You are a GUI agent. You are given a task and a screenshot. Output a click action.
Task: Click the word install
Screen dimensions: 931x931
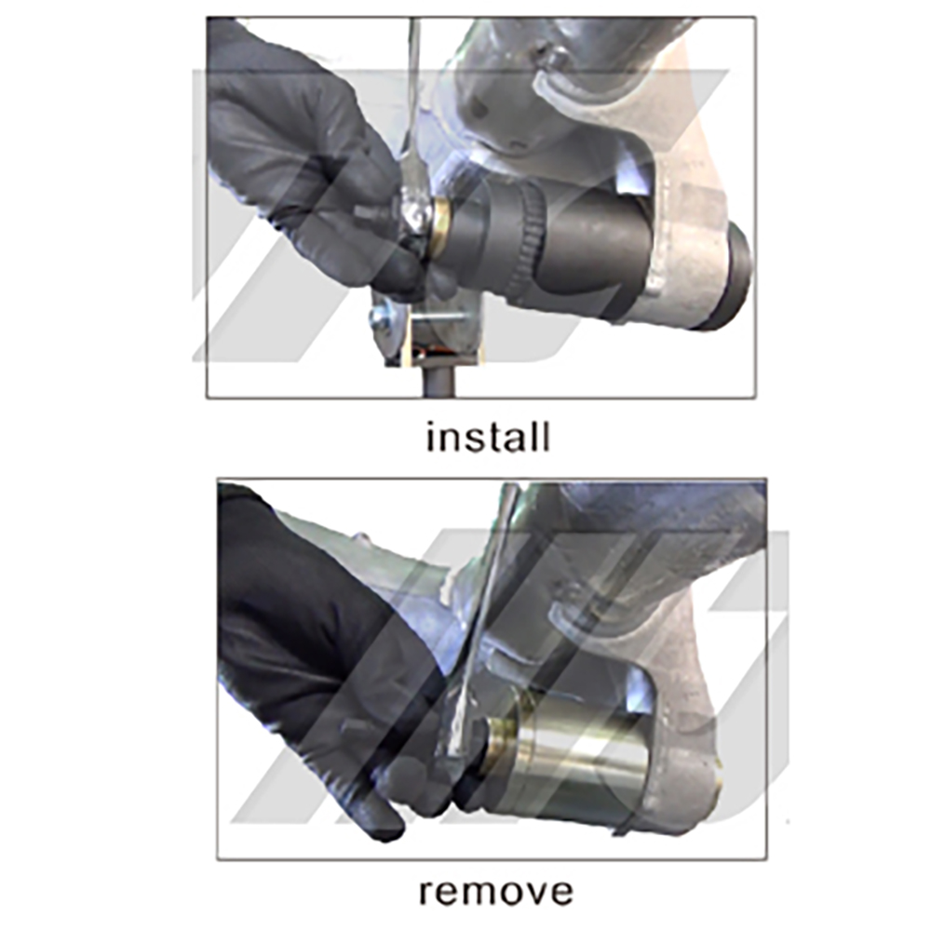point(488,437)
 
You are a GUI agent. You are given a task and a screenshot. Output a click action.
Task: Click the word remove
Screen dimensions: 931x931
point(494,891)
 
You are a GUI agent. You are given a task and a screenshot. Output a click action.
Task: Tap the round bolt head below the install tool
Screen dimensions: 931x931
point(381,318)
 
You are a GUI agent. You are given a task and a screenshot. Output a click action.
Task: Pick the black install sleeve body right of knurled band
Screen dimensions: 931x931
point(596,251)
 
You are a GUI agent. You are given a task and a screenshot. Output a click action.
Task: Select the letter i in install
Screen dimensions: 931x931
point(431,437)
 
